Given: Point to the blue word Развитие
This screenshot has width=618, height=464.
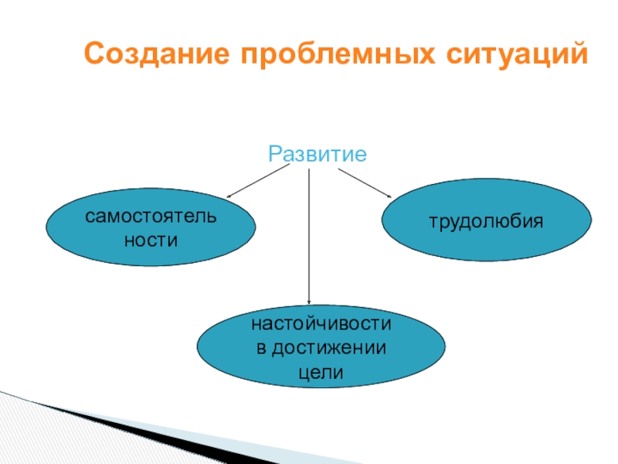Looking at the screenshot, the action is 317,153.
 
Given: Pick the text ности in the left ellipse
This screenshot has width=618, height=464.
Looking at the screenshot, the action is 151,241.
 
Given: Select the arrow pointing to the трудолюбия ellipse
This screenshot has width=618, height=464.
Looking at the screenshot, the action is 365,183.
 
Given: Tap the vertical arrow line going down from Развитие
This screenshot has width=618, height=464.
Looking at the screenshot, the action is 309,232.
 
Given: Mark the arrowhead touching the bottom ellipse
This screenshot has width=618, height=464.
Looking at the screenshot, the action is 309,302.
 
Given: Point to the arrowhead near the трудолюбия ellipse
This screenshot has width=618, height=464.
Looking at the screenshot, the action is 390,196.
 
